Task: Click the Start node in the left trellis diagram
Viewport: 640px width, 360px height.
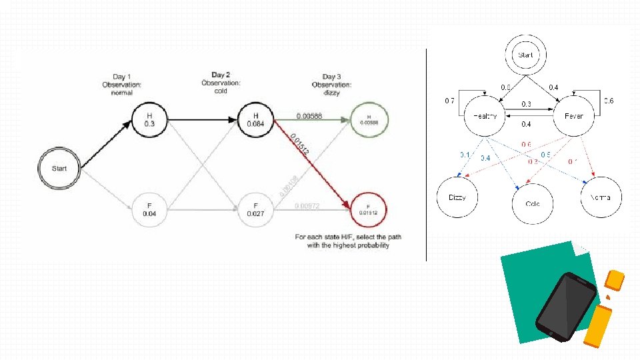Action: point(59,168)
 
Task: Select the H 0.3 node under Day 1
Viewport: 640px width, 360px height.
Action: point(150,119)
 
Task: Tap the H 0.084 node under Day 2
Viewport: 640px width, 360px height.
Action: point(255,119)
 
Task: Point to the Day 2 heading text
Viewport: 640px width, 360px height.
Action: point(221,75)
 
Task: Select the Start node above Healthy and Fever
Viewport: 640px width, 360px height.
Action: point(525,55)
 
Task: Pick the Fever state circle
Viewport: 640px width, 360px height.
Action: point(574,116)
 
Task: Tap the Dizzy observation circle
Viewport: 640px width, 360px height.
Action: point(457,197)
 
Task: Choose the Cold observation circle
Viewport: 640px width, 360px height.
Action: point(532,204)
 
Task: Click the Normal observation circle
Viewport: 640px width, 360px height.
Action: point(601,197)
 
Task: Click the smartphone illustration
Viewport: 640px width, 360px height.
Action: point(566,305)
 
